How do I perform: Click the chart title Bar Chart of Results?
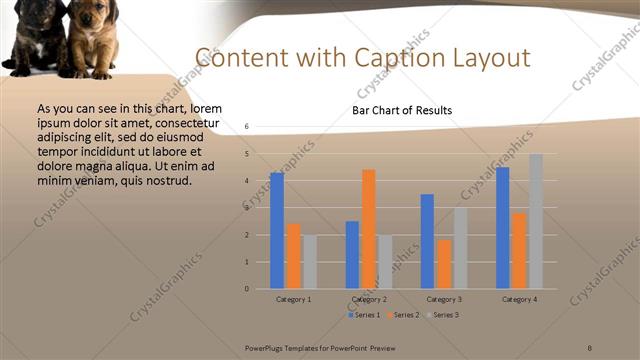point(402,110)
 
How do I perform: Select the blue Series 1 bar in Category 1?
point(277,230)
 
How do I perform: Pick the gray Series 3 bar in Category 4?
point(536,221)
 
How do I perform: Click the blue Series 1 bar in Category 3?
point(427,241)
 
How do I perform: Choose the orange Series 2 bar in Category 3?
point(444,263)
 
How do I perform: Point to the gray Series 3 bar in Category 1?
point(309,261)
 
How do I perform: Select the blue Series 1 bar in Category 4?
point(503,227)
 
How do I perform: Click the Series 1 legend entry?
point(365,315)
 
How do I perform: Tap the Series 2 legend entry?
point(404,315)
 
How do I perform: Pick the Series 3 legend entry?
point(442,315)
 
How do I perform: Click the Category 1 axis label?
point(293,299)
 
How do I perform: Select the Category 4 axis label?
point(519,299)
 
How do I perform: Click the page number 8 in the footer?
point(590,346)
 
